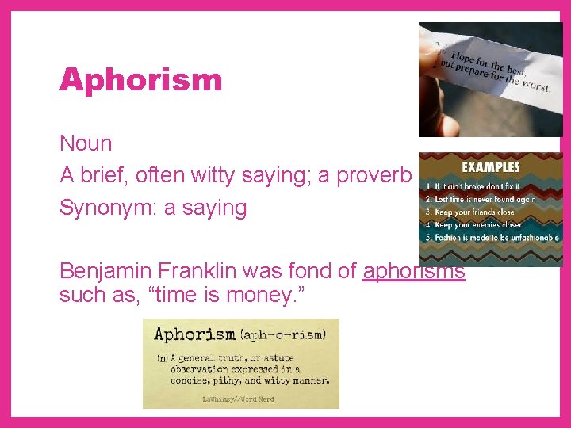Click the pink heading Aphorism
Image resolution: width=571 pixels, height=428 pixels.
click(141, 80)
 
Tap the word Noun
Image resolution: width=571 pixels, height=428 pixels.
click(86, 144)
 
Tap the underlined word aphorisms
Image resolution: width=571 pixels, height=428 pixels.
click(413, 271)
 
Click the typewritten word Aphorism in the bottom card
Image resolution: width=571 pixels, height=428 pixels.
click(195, 334)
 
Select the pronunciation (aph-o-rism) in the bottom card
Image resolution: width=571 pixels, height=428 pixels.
click(284, 334)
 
